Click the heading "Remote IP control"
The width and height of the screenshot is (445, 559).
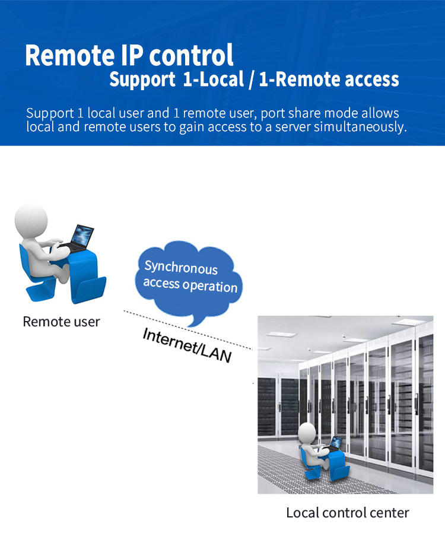pyautogui.click(x=129, y=55)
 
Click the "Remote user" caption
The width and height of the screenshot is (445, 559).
pyautogui.click(x=61, y=322)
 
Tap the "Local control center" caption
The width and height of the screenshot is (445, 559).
pyautogui.click(x=348, y=512)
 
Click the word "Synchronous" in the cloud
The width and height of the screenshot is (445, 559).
pyautogui.click(x=181, y=268)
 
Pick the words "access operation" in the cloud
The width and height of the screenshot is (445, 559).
pyautogui.click(x=190, y=285)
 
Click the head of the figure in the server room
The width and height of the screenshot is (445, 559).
pyautogui.click(x=307, y=433)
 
